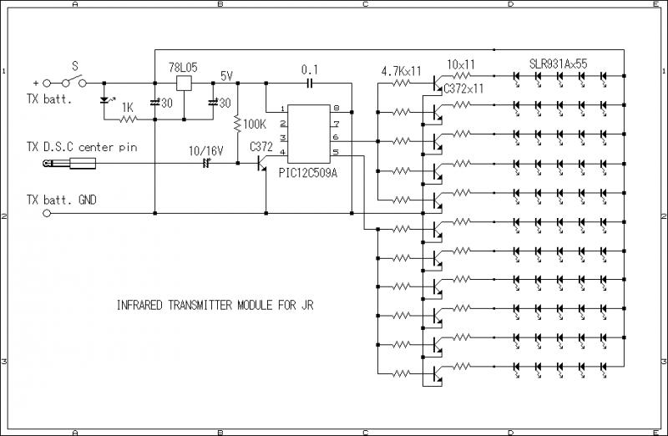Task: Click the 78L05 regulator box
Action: (185, 83)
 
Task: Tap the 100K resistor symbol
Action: (239, 124)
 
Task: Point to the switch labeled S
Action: (76, 82)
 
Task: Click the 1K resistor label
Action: (128, 107)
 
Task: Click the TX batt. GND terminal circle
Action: (47, 213)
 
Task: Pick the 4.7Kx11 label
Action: (402, 72)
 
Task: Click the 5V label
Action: (226, 75)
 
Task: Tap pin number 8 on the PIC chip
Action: (336, 109)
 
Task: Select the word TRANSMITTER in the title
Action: (197, 306)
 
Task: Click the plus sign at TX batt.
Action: (35, 84)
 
